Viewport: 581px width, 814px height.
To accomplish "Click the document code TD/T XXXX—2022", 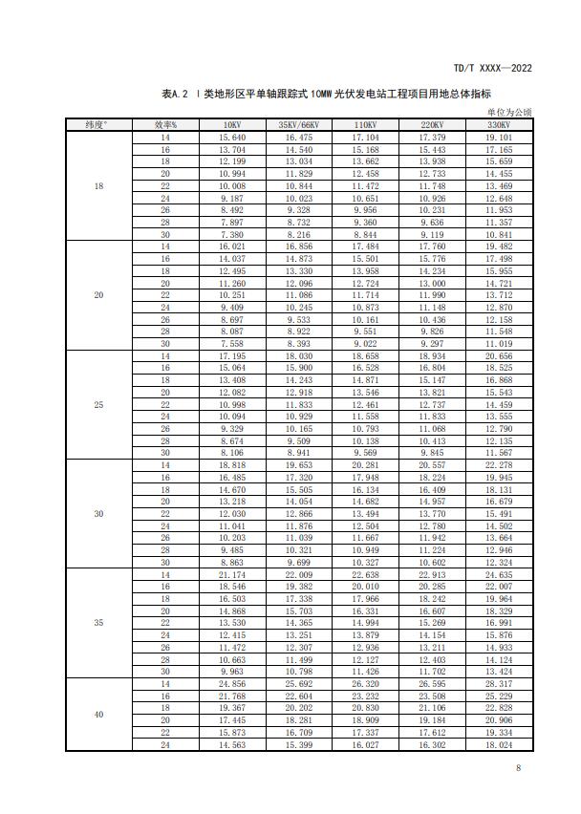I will pos(491,69).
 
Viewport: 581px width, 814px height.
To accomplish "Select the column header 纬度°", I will pos(98,125).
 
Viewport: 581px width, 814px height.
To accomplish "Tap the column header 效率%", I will pos(165,125).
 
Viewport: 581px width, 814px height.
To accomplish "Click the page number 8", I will pos(517,769).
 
